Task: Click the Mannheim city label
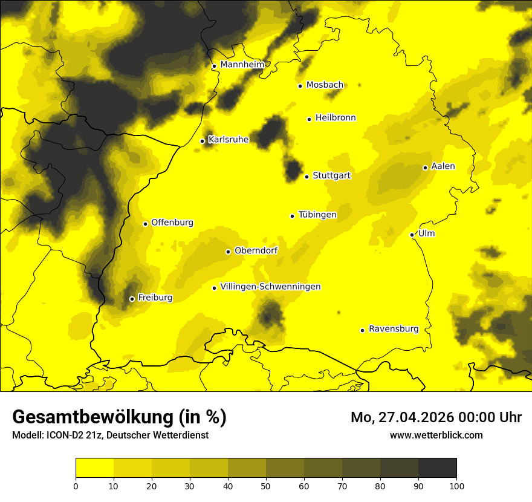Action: (242, 65)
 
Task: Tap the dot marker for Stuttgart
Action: (307, 177)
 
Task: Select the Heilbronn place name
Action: (336, 118)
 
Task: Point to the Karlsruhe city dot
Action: (203, 141)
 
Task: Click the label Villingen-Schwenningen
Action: (270, 287)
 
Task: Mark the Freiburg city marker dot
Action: (132, 299)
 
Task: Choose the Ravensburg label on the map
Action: (393, 329)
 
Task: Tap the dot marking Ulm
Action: (412, 235)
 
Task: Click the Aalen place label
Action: (443, 166)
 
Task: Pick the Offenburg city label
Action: (172, 223)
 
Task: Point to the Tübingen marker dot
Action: (293, 216)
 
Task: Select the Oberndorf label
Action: (256, 250)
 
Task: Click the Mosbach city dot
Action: (300, 86)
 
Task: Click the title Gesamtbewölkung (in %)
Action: (119, 417)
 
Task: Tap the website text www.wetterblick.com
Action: (436, 435)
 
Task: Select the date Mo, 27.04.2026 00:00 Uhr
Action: (436, 417)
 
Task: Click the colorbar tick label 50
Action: (266, 485)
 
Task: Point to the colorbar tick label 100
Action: (456, 485)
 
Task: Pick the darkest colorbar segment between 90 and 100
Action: (437, 468)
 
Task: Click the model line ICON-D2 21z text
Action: (110, 435)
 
